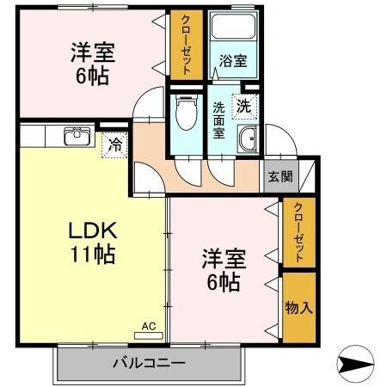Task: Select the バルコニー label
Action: click(148, 363)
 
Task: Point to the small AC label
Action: click(150, 327)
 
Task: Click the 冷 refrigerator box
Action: click(114, 144)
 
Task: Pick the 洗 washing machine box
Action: click(244, 107)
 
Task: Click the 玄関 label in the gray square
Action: click(279, 177)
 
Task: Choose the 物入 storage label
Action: click(298, 307)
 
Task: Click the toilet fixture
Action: click(184, 112)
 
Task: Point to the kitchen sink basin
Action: click(76, 136)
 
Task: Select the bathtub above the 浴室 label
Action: click(230, 31)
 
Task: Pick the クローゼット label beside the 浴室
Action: click(184, 46)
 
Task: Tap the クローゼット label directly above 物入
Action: click(298, 231)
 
